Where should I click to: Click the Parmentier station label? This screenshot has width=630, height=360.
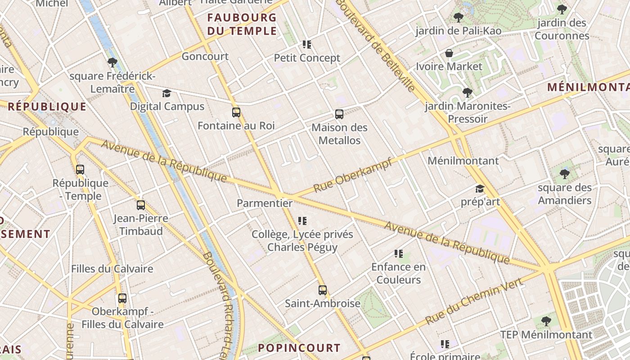coord(265,203)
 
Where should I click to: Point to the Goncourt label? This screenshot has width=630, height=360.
coord(205,56)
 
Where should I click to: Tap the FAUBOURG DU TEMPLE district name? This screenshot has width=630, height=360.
coord(242,24)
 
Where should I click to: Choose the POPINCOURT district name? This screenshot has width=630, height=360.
coord(299,348)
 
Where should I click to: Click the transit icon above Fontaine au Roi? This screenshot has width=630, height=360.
coord(236,112)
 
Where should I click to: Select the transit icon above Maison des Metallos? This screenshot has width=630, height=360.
coord(339,114)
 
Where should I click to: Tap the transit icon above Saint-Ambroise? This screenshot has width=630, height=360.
coord(322,290)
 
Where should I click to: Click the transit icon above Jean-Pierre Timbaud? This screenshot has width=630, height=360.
coord(141,205)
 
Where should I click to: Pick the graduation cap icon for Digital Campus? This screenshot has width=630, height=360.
coord(167,94)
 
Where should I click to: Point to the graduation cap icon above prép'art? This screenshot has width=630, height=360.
coord(480,189)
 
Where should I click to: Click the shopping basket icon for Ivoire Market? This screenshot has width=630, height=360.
coord(449,54)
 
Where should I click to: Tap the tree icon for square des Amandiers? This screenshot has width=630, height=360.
coord(565,174)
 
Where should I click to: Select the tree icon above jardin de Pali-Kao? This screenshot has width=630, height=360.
coord(459,18)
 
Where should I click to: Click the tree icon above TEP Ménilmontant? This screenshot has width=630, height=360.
coord(546,321)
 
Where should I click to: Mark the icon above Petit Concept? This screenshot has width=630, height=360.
coord(307,45)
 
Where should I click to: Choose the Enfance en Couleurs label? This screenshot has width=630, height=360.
coord(398,273)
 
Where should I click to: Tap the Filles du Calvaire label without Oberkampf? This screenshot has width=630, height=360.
coord(112,269)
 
